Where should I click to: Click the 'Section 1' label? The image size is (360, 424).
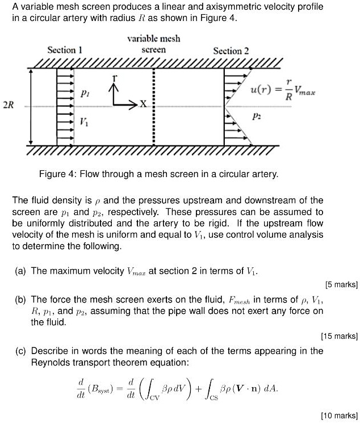(65, 50)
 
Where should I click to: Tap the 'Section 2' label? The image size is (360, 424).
(231, 51)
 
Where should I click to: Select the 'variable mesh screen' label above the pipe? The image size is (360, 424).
(153, 44)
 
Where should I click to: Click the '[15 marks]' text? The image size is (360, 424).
(339, 335)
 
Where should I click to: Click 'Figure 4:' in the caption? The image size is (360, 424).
(57, 174)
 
